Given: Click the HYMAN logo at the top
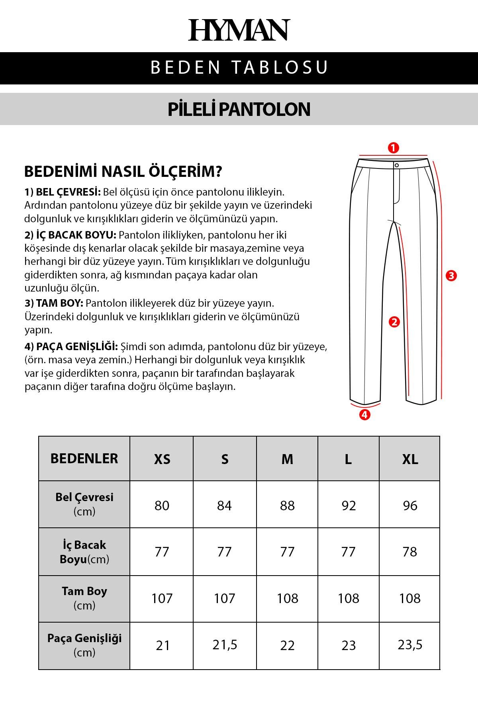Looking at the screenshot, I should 239,30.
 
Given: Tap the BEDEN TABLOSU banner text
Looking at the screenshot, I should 239,67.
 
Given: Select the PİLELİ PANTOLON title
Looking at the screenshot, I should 239,109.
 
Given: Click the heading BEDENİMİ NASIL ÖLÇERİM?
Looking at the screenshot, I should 123,172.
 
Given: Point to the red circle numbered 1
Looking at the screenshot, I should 393,148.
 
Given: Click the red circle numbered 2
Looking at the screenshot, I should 394,322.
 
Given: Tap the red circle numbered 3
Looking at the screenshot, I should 451,276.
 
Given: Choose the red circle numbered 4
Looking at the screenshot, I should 364,415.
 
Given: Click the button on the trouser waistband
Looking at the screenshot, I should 397,165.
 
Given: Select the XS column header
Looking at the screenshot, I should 162,459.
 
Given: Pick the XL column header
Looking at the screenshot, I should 410,459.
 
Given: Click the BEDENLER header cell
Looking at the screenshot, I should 84,458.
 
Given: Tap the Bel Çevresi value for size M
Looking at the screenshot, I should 287,505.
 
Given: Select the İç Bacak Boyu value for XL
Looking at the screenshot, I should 410,552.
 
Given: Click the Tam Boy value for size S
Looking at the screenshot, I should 225,598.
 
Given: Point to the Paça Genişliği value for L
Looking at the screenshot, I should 349,645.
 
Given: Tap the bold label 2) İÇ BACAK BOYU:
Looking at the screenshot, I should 71,235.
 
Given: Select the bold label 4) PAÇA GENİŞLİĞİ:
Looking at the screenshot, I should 71,347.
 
